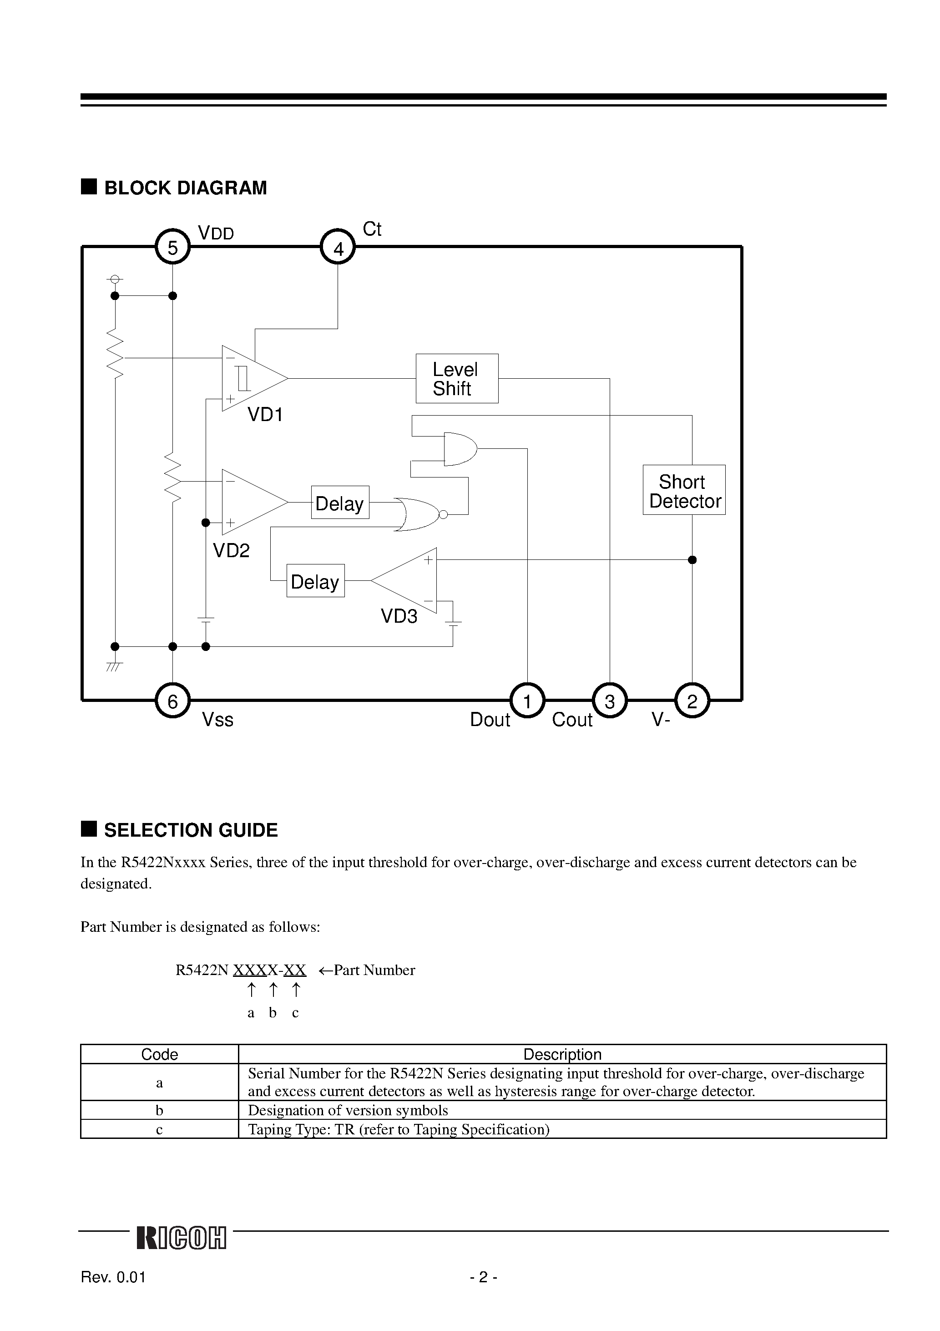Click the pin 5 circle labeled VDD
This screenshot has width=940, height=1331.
tap(173, 248)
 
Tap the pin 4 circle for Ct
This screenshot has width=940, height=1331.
tap(338, 248)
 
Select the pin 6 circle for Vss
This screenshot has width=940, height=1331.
tap(173, 701)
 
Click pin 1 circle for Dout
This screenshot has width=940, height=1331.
tap(527, 701)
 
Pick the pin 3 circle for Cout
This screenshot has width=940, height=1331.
tap(610, 701)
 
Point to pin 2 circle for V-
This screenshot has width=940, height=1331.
tap(692, 701)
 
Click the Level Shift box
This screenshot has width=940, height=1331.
tap(457, 379)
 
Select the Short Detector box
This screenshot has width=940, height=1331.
tap(684, 490)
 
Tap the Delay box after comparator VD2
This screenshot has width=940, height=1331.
tap(339, 503)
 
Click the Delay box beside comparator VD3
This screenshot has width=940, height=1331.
tap(315, 581)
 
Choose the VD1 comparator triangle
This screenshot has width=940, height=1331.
tap(249, 379)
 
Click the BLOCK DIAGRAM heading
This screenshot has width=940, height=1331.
tap(185, 188)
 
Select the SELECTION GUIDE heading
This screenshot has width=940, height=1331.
tap(190, 830)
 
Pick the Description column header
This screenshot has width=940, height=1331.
tap(562, 1054)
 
